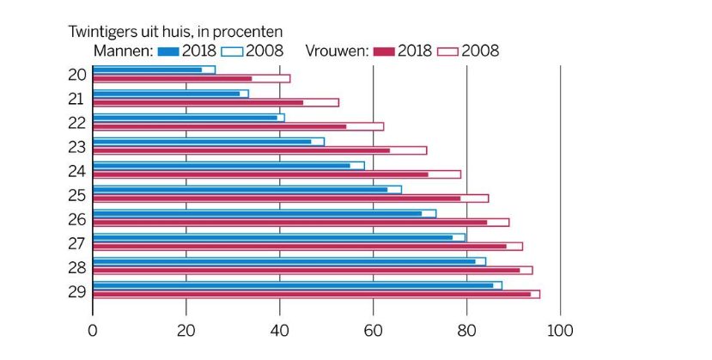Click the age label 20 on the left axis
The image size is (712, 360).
point(76,75)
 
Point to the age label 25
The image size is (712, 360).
point(76,195)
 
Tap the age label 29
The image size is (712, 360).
point(76,291)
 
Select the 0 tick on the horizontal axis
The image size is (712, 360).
point(93,331)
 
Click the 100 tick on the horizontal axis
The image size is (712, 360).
point(560,331)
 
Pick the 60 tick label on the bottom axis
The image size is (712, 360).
point(374,331)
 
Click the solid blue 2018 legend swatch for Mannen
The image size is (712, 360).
point(168,52)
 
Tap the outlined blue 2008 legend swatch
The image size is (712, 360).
point(232,52)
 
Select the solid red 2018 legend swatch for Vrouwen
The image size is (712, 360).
point(384,52)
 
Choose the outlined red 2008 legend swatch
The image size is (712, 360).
point(447,52)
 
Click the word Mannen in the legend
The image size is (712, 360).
point(123,51)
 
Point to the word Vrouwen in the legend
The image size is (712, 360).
point(337,51)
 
